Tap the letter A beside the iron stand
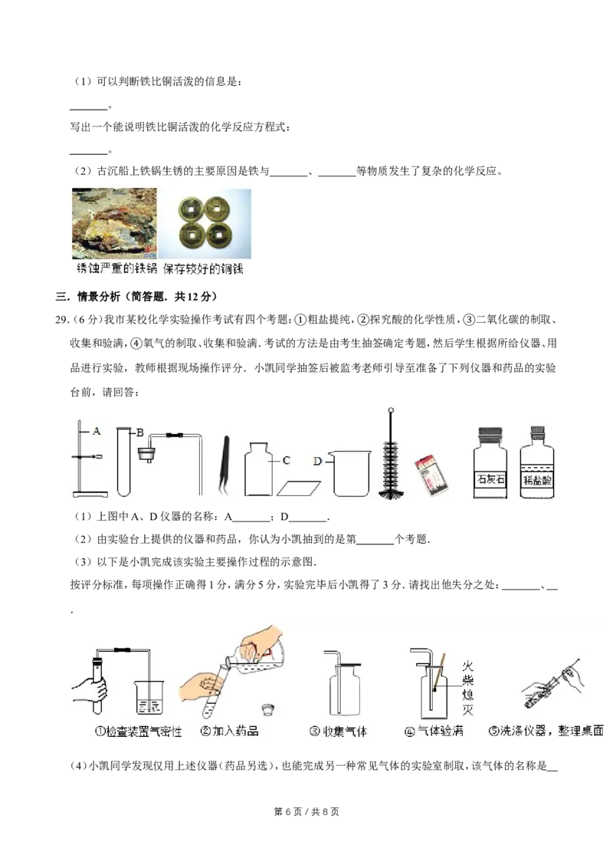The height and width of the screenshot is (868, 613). (x=97, y=432)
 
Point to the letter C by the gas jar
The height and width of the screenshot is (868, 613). (x=286, y=460)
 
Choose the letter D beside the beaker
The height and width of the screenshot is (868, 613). (x=318, y=459)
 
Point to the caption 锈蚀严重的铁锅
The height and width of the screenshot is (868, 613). (x=113, y=270)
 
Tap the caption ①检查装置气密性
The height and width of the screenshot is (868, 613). (x=138, y=732)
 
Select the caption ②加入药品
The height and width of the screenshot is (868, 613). (x=229, y=732)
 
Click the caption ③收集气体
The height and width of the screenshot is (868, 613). (x=338, y=732)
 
